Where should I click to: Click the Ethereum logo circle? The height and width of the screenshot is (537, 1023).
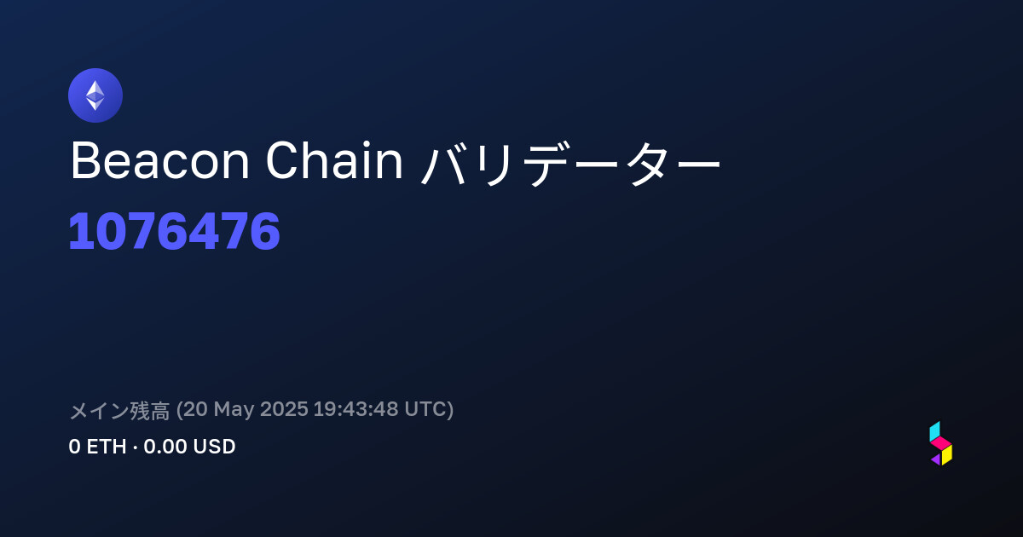coord(95,95)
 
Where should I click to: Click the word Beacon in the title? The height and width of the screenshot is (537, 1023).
coord(160,161)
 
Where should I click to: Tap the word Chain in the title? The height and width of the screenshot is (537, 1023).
coord(334,160)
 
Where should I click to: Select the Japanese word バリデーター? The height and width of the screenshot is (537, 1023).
coord(570,163)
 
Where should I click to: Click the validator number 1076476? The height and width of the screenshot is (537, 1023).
coord(174,231)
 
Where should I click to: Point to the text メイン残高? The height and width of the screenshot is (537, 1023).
coord(119,410)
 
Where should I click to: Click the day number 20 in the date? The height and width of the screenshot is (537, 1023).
coord(195,409)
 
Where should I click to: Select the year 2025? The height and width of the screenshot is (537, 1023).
coord(284,409)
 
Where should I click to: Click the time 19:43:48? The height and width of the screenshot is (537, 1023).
coord(355,409)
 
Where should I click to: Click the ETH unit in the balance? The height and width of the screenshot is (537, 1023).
coord(107,447)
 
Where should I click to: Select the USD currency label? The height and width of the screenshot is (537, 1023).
coord(214,447)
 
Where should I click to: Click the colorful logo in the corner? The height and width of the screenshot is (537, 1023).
coord(941,443)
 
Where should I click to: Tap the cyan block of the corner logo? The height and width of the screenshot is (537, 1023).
coord(935,431)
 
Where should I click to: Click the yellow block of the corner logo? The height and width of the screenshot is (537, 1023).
coord(947,455)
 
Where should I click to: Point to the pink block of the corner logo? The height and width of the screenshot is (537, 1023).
coord(941,443)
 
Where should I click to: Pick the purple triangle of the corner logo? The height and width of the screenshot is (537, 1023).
coord(937,459)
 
